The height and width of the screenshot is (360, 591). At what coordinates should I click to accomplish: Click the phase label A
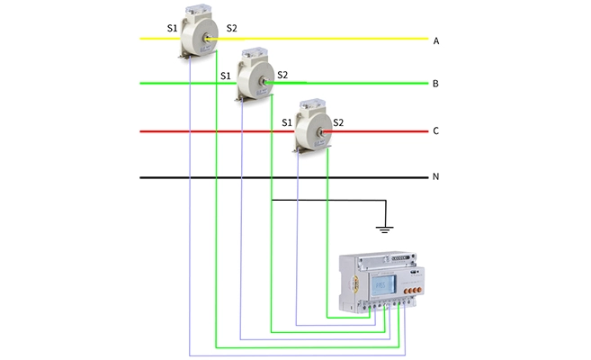click(435, 41)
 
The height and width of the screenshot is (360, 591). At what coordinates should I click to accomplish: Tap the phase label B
click(435, 85)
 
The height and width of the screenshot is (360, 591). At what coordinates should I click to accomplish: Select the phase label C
click(435, 131)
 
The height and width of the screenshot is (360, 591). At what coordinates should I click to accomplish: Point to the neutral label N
click(435, 177)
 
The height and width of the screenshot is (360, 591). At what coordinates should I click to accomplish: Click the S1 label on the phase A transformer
click(173, 29)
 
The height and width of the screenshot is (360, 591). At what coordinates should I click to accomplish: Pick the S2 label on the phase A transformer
click(232, 29)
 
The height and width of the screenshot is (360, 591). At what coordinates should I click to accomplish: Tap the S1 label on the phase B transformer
click(227, 76)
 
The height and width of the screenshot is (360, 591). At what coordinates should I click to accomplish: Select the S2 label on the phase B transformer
click(282, 75)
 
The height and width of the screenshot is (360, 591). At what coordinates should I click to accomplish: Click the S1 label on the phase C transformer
click(287, 121)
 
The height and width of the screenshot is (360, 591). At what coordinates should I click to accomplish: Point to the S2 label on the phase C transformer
click(338, 121)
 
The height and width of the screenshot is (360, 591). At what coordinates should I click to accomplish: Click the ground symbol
click(384, 229)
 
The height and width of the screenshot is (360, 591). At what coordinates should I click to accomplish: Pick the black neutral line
click(270, 177)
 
